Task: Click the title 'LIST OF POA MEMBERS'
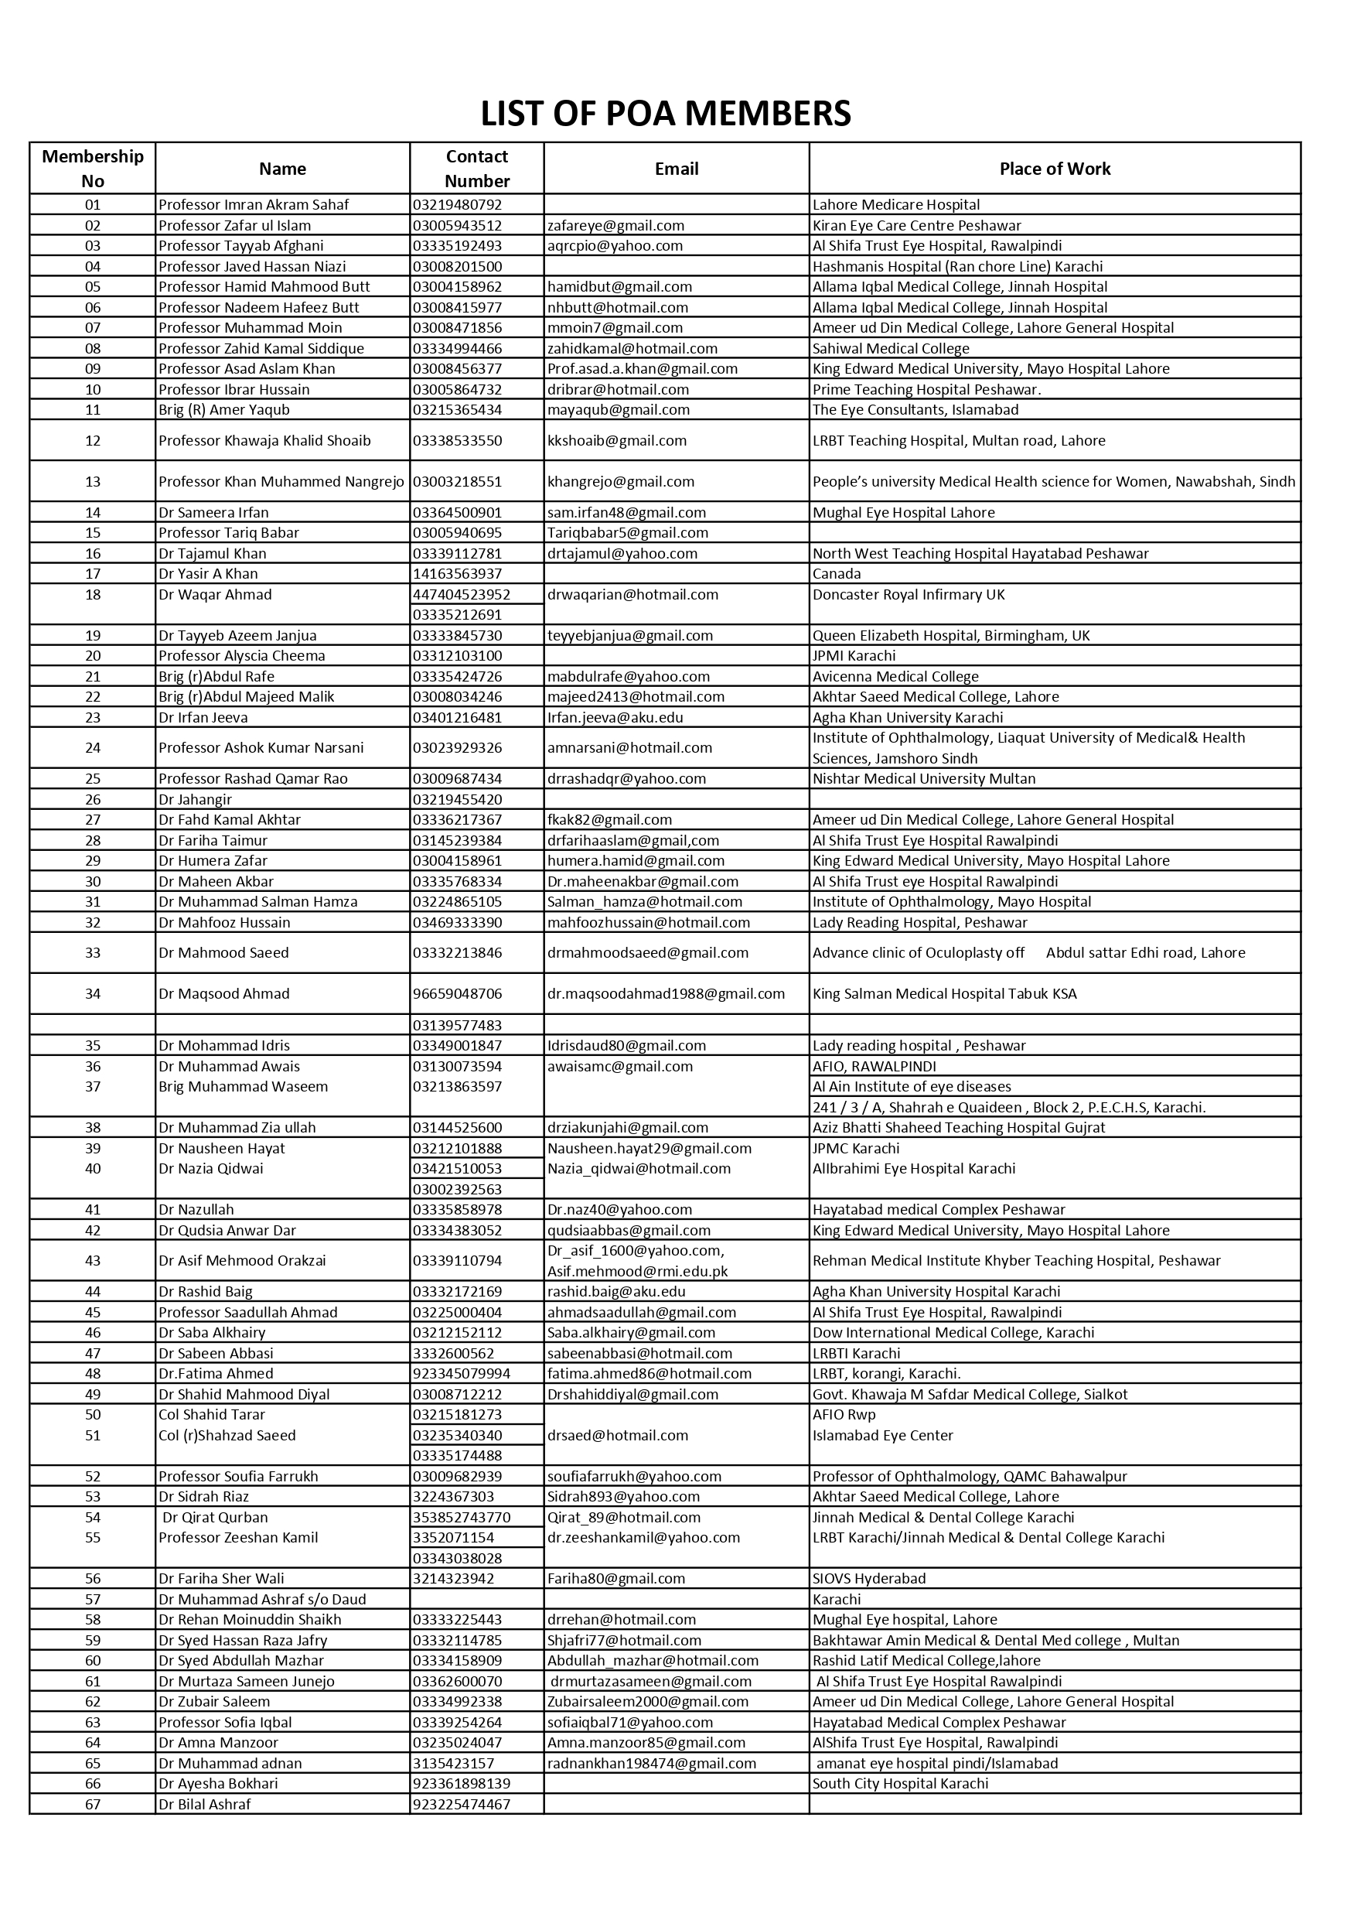(x=666, y=114)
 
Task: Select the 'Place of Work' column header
(x=1055, y=169)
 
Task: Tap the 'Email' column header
(x=676, y=169)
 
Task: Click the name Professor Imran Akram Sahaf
(x=254, y=205)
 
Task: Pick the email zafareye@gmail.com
(x=615, y=226)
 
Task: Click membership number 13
(x=93, y=482)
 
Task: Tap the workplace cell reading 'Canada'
(x=836, y=574)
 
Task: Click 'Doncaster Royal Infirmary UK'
(x=908, y=595)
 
